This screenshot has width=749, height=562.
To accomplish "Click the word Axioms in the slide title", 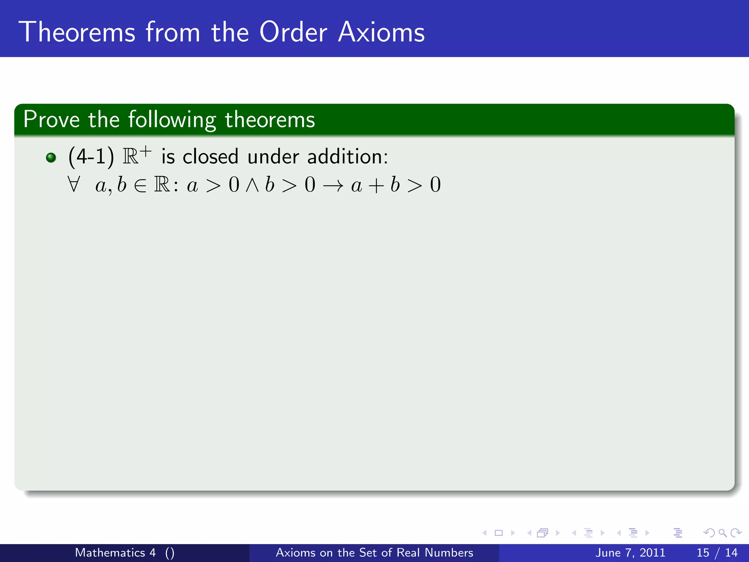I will click(381, 32).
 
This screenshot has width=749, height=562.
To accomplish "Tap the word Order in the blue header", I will click(293, 32).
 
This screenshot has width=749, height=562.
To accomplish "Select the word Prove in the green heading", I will click(51, 120).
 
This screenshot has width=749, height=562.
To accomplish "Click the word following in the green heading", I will click(172, 120).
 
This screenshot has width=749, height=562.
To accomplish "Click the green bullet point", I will click(51, 158).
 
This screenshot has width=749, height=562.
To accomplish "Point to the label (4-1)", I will click(91, 157).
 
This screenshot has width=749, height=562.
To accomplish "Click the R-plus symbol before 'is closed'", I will click(136, 155).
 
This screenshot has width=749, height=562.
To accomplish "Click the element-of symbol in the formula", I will click(140, 186).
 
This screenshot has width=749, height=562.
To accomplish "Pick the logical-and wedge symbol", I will click(252, 185).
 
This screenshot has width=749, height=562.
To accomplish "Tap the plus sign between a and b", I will click(376, 186).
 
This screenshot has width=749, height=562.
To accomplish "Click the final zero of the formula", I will click(435, 185).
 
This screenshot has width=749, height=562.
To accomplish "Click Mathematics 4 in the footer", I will click(115, 552).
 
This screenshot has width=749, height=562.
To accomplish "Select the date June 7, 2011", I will click(630, 552).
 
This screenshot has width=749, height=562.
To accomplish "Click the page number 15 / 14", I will click(717, 552).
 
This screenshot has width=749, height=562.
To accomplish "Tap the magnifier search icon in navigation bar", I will click(722, 533).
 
